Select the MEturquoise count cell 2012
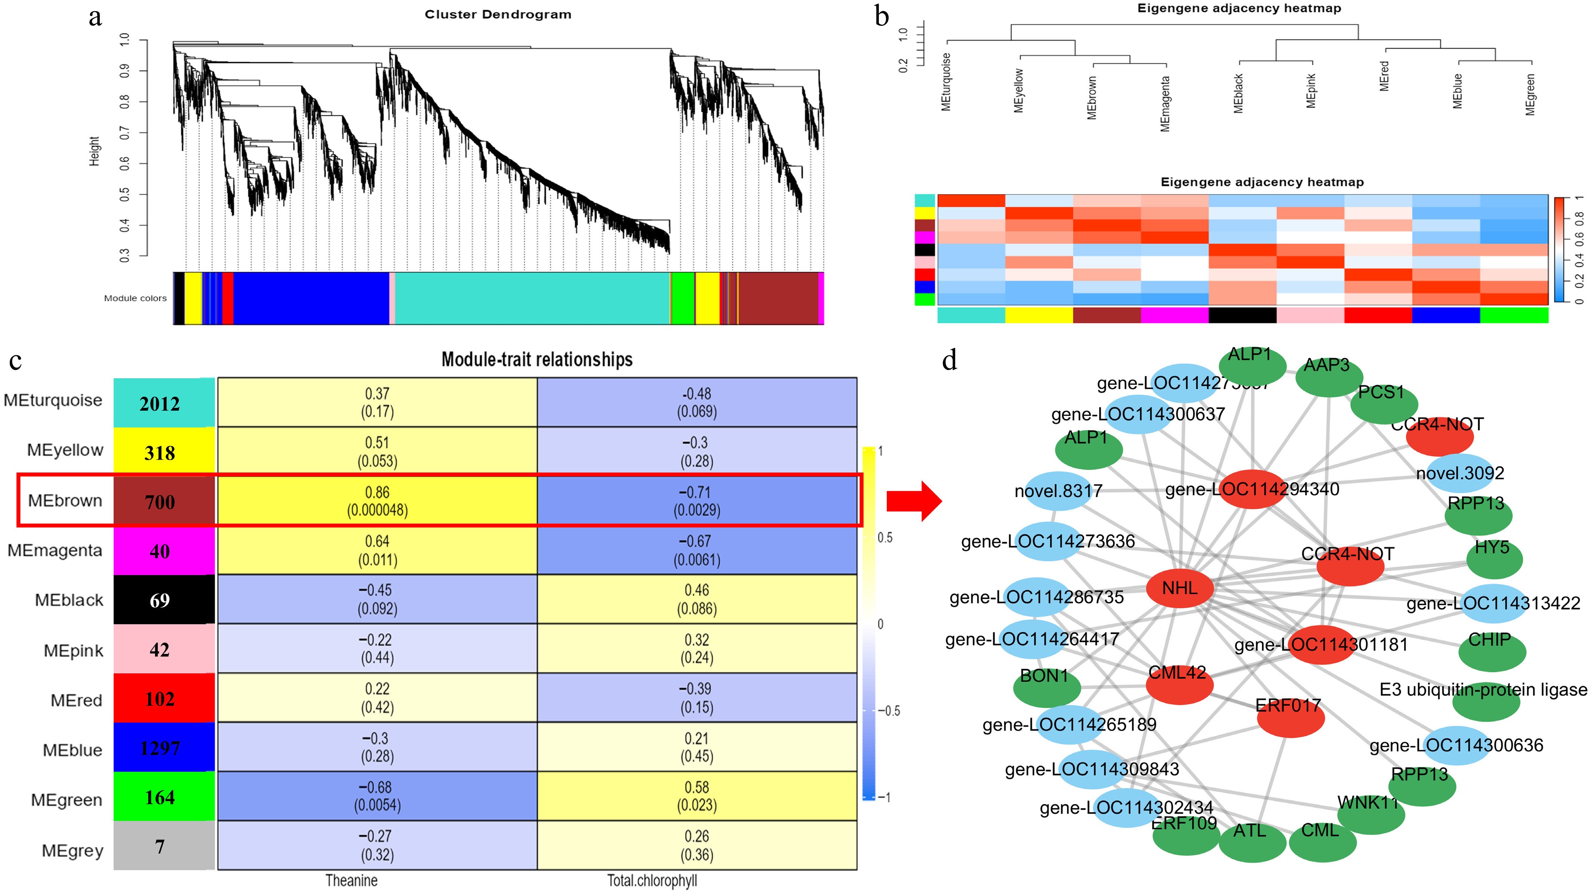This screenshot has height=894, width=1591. pos(161,404)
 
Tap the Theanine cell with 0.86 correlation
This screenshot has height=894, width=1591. pos(378,501)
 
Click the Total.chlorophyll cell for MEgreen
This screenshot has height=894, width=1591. pos(697,796)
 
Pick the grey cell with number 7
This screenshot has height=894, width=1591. pos(161,846)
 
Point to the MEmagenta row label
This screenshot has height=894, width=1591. pos(55,551)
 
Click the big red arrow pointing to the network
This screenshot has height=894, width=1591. pos(913,501)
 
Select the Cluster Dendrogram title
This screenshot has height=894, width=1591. pos(498,14)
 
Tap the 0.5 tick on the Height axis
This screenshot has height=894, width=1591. pos(125,195)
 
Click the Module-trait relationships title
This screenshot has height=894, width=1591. pos(537,359)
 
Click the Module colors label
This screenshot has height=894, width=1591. pos(135,298)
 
